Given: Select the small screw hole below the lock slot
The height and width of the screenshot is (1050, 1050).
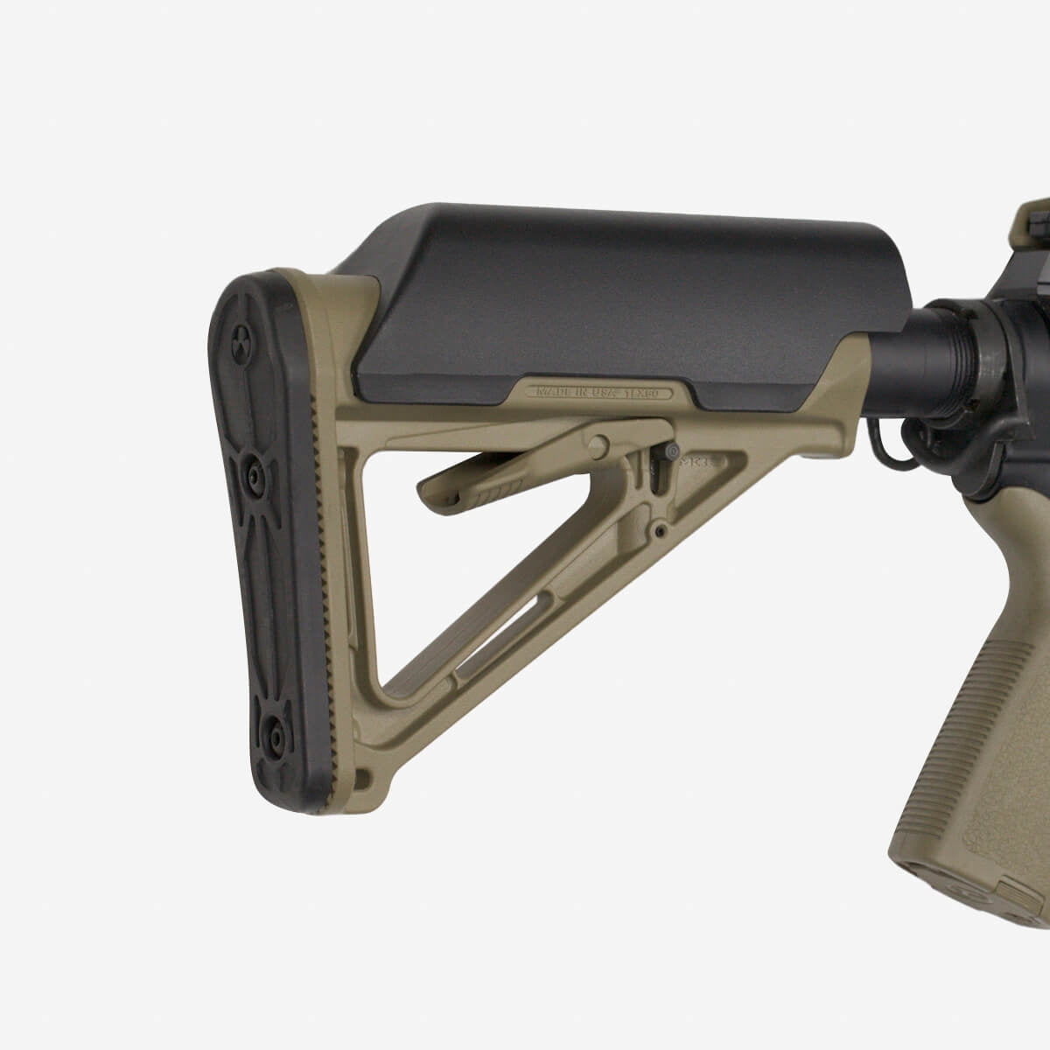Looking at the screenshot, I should (x=660, y=530).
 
